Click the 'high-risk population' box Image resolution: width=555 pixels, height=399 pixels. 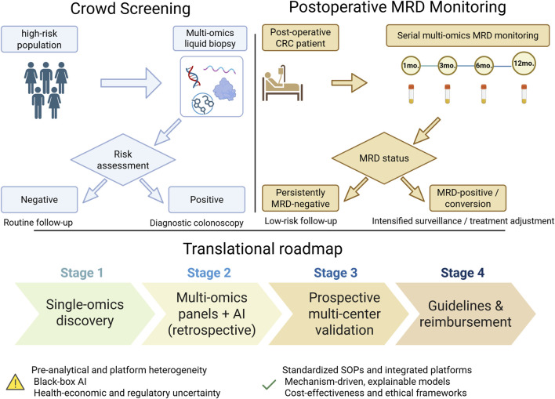click(39, 39)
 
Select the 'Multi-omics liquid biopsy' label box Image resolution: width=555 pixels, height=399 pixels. click(210, 38)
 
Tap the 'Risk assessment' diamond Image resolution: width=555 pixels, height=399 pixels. click(123, 160)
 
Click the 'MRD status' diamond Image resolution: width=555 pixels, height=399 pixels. click(384, 158)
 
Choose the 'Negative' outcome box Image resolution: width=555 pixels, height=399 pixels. click(39, 200)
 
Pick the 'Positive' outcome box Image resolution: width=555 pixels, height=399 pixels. click(207, 200)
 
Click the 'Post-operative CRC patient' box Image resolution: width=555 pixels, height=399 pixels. click(300, 38)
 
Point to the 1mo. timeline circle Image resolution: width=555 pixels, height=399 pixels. click(411, 66)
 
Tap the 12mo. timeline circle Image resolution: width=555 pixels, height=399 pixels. click(524, 63)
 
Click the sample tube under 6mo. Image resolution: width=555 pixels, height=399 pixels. click(484, 94)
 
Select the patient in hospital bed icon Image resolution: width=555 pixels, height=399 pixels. click(282, 83)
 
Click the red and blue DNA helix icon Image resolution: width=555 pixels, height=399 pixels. click(194, 77)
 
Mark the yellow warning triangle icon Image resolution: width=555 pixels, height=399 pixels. click(16, 383)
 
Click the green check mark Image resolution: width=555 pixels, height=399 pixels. click(269, 384)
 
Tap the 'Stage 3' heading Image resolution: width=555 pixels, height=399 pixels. click(336, 273)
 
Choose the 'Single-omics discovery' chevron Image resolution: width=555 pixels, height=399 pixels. click(85, 314)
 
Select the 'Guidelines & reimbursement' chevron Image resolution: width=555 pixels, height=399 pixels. click(466, 314)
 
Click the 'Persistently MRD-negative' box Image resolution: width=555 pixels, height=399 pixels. click(300, 198)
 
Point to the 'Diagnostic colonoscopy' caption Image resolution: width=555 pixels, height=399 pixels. click(197, 223)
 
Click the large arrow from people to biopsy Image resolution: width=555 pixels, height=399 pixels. click(131, 83)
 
